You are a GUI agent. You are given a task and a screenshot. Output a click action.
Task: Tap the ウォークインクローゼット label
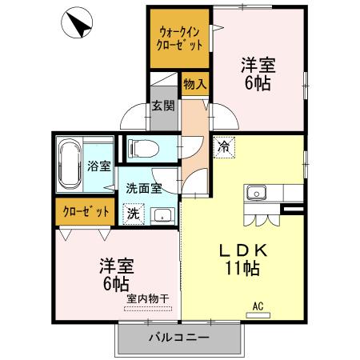[180, 38]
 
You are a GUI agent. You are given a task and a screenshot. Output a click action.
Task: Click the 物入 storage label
[194, 82]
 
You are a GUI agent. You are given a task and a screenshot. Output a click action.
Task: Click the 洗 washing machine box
[132, 214]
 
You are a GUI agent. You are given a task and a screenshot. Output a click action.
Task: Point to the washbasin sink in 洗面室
[163, 215]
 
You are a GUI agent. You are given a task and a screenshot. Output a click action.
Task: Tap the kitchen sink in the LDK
[257, 192]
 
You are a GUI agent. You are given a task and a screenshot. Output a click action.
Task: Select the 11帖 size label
[248, 269]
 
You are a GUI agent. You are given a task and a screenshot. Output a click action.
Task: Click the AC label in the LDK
[258, 304]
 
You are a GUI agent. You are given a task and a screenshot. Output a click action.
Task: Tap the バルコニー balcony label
[179, 338]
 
